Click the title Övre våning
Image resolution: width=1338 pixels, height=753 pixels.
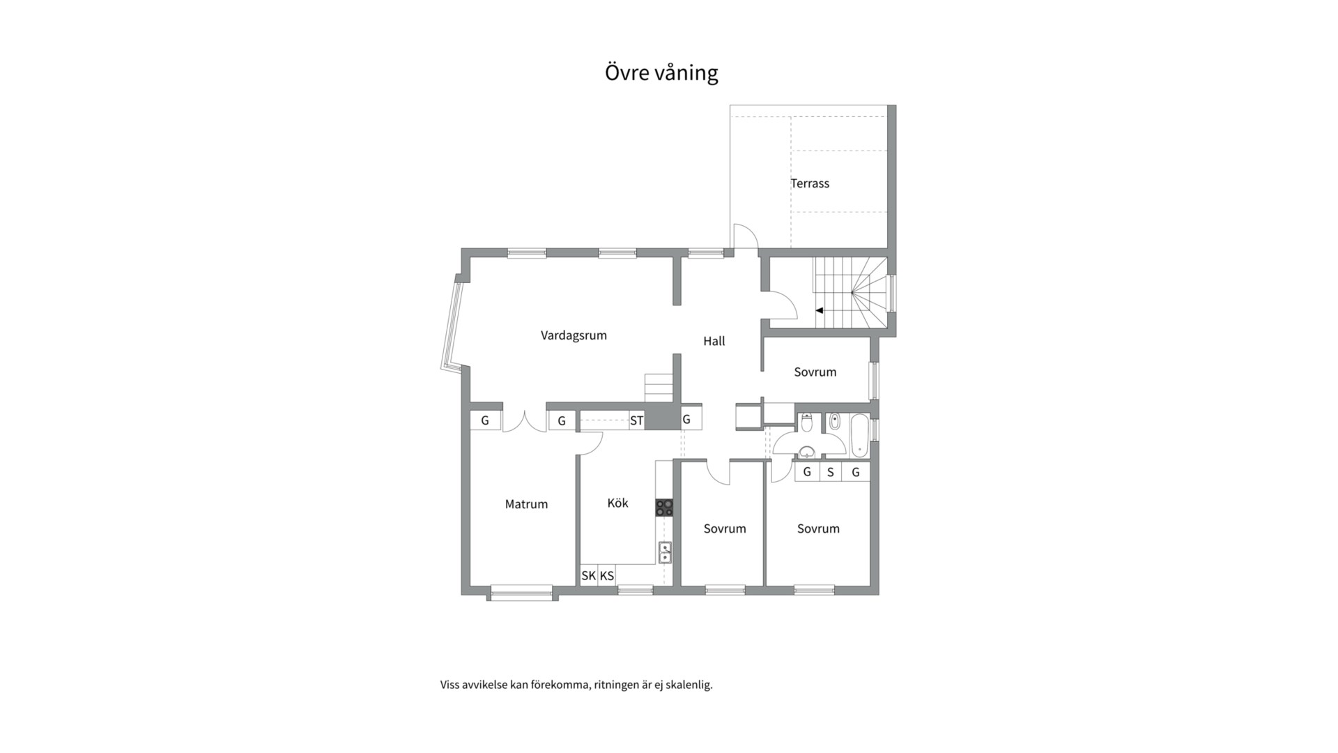[x=661, y=73]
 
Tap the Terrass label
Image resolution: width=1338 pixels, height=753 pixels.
[x=810, y=183]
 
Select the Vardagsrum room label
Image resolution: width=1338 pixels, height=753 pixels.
[x=574, y=335]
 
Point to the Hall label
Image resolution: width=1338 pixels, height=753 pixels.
[x=714, y=341]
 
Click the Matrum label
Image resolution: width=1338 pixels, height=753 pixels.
[x=526, y=504]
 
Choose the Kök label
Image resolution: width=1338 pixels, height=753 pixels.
[x=617, y=503]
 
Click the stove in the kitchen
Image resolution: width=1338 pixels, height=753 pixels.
[x=664, y=508]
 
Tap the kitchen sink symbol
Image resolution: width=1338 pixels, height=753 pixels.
[x=665, y=552]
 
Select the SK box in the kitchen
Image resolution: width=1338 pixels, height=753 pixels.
[x=589, y=575]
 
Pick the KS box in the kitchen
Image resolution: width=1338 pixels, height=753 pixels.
[x=607, y=575]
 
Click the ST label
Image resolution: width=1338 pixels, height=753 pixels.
[x=636, y=421]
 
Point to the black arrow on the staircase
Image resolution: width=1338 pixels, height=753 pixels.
[x=820, y=310]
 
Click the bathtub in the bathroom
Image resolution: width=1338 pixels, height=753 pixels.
[x=859, y=436]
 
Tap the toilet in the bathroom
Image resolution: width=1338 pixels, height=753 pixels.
[x=807, y=423]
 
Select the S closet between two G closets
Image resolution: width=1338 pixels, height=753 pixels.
[x=831, y=472]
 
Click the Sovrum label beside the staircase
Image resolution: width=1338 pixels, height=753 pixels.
[x=815, y=372]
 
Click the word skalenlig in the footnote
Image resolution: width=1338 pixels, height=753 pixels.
[x=689, y=685]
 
